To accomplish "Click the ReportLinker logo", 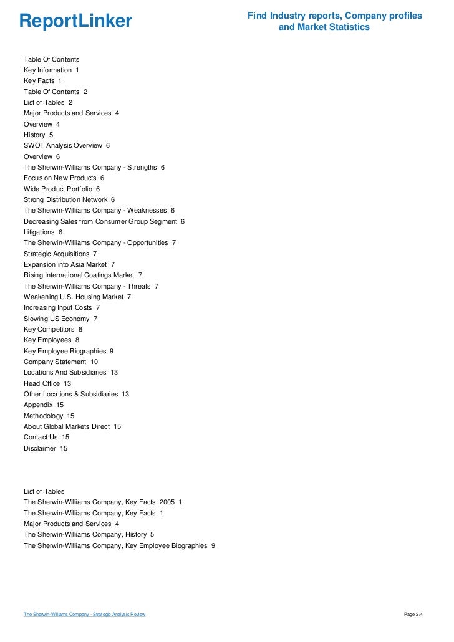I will click(75, 21).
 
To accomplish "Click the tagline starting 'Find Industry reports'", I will click(334, 21).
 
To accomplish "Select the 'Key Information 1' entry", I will click(51, 70).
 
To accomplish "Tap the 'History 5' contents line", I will click(38, 135).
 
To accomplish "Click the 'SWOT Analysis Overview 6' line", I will click(67, 145).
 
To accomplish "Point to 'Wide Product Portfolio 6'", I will click(62, 188).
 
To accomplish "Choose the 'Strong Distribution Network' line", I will click(69, 199).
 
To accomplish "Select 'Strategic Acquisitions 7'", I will click(60, 254).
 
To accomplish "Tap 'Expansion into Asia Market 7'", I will click(69, 264).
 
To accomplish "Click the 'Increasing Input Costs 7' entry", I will click(62, 307).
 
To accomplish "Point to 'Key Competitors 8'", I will click(53, 329).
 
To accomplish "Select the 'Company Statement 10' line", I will click(60, 362).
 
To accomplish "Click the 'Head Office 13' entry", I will click(47, 383).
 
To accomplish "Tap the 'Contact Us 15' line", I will click(46, 437).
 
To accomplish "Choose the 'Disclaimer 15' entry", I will click(46, 448).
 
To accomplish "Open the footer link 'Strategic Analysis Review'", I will click(84, 615).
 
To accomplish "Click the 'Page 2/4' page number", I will click(413, 615).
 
